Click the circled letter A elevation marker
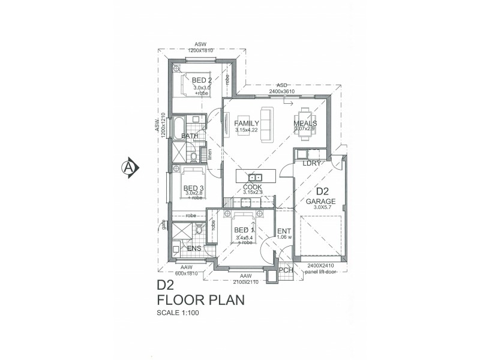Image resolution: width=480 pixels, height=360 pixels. [x=128, y=166]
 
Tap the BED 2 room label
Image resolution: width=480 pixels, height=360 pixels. [x=202, y=80]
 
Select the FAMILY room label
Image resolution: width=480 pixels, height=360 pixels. [x=247, y=124]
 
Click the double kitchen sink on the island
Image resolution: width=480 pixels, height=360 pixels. [x=255, y=177]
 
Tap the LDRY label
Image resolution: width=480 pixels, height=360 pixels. [x=311, y=163]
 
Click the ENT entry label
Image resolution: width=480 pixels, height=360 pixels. [x=284, y=231]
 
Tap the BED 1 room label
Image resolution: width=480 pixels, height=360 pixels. [x=245, y=230]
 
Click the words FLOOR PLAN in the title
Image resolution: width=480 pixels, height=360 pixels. [x=200, y=300]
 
